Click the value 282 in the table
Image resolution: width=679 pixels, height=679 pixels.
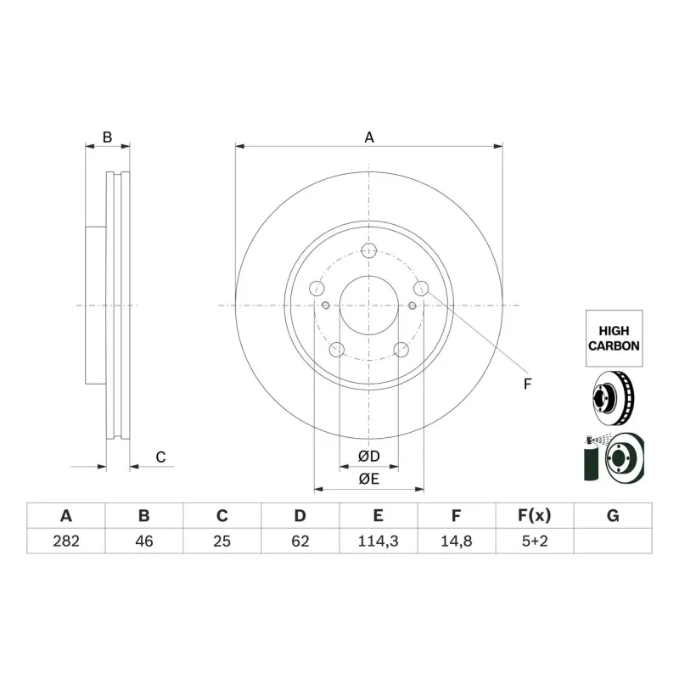65,541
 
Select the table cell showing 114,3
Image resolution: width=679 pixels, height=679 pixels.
378,541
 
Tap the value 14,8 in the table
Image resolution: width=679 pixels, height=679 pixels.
456,541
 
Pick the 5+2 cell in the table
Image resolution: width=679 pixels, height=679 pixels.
534,541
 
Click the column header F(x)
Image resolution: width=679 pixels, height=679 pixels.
534,515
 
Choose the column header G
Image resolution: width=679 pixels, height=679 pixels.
613,515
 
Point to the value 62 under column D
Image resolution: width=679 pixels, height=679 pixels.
300,541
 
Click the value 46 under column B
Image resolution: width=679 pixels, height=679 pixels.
143,541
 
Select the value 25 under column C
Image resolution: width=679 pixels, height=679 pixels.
222,541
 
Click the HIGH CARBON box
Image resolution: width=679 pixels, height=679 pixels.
614,338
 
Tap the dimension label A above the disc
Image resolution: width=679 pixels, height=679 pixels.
369,137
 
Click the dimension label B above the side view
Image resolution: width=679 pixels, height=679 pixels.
107,137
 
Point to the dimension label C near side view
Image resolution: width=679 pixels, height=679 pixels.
160,457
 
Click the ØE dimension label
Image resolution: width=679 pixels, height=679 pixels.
368,480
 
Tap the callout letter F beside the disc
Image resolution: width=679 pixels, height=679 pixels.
527,384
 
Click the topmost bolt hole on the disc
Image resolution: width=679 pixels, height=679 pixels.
369,250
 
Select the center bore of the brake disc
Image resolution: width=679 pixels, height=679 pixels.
369,306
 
